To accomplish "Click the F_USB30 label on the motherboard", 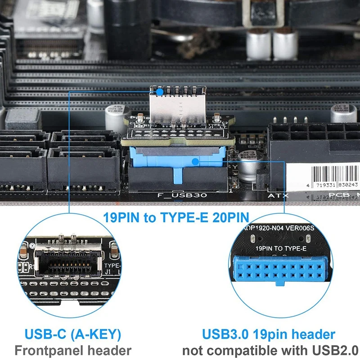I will pyautogui.click(x=176, y=196).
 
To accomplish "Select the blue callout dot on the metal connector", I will pyautogui.click(x=159, y=91).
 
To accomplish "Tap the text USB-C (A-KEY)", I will pyautogui.click(x=72, y=334).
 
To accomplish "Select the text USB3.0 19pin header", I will pyautogui.click(x=268, y=334).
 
